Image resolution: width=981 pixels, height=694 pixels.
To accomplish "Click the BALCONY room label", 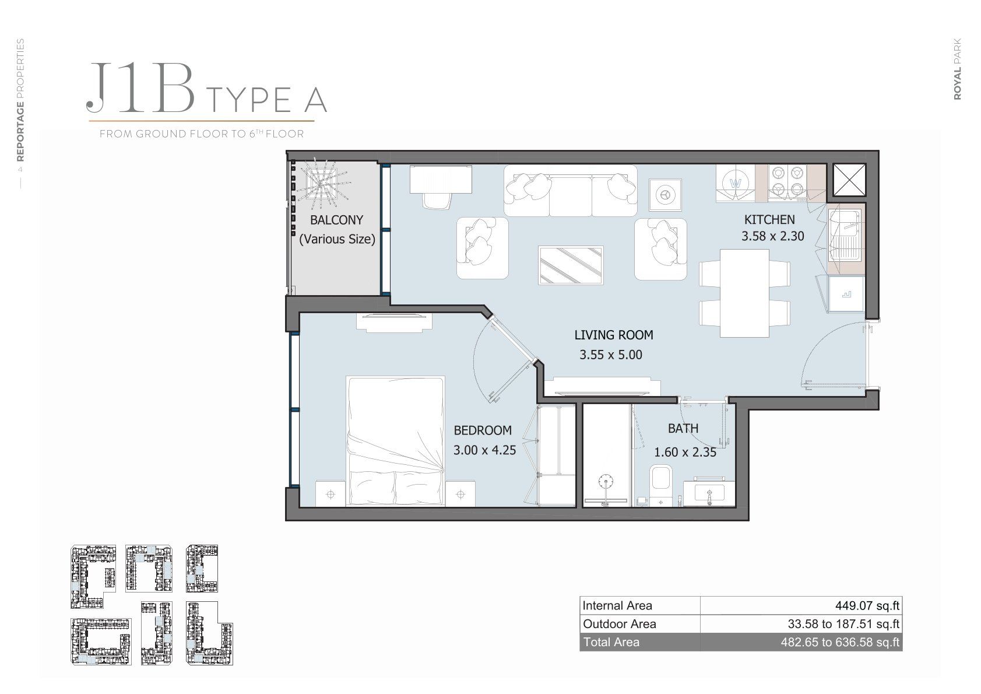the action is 336,220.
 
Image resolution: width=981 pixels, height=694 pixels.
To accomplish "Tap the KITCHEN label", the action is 769,219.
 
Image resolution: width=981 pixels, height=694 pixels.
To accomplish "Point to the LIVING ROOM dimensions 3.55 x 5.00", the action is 610,355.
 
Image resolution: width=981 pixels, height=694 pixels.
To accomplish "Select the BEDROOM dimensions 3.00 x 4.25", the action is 484,450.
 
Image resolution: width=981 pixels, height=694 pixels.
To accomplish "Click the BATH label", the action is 683,428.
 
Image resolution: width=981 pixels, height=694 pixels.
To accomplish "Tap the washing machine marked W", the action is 736,183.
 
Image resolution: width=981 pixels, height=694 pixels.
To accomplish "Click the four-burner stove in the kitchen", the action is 787,183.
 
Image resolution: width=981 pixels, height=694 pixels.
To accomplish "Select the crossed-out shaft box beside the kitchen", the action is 849,180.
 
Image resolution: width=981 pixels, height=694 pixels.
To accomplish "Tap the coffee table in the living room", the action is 571,265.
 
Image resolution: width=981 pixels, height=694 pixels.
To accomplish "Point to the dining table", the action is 744,293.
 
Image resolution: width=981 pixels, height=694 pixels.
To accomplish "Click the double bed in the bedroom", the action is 395,441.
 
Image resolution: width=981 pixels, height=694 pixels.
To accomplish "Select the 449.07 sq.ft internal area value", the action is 867,605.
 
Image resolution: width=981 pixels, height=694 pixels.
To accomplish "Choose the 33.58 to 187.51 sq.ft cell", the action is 843,623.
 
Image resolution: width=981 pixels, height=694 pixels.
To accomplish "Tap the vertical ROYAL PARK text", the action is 957,69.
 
